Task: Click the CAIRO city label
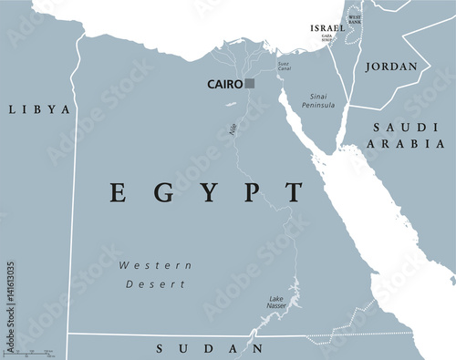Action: pos(224,84)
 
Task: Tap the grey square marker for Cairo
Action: pos(250,84)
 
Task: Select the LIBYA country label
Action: pos(39,109)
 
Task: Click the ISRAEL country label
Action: pos(327,28)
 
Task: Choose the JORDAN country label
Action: pos(391,67)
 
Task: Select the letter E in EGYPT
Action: pos(117,192)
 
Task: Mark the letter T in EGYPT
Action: pos(294,192)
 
